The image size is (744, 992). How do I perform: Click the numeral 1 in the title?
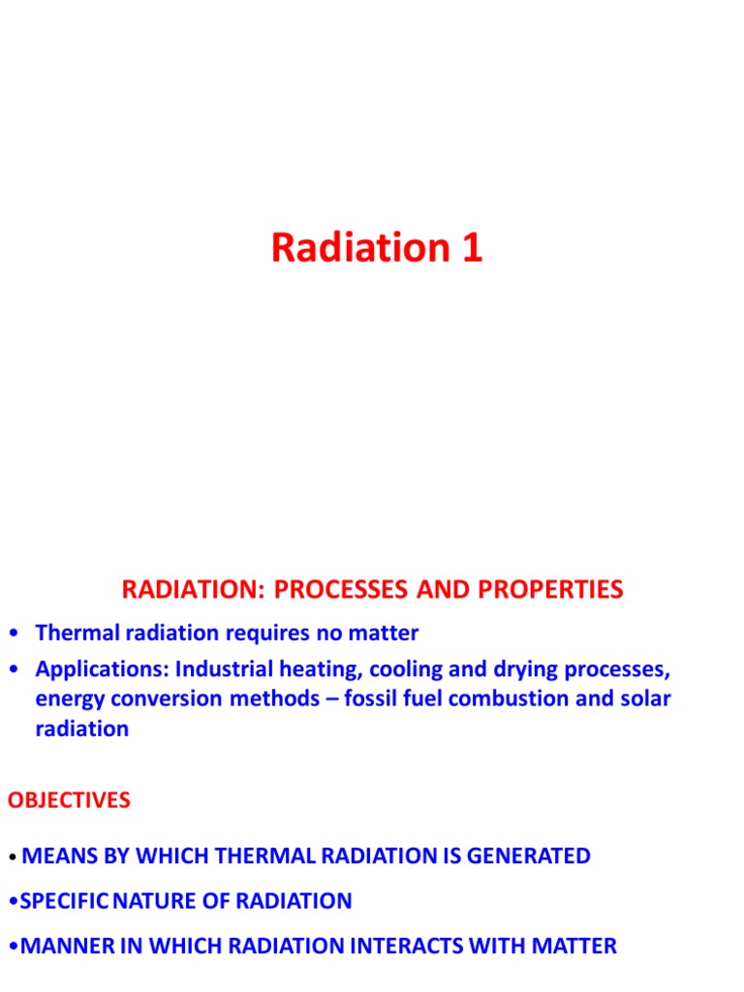point(469,249)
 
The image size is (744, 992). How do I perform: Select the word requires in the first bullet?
point(268,634)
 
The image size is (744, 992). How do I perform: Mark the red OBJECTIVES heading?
point(69,800)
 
